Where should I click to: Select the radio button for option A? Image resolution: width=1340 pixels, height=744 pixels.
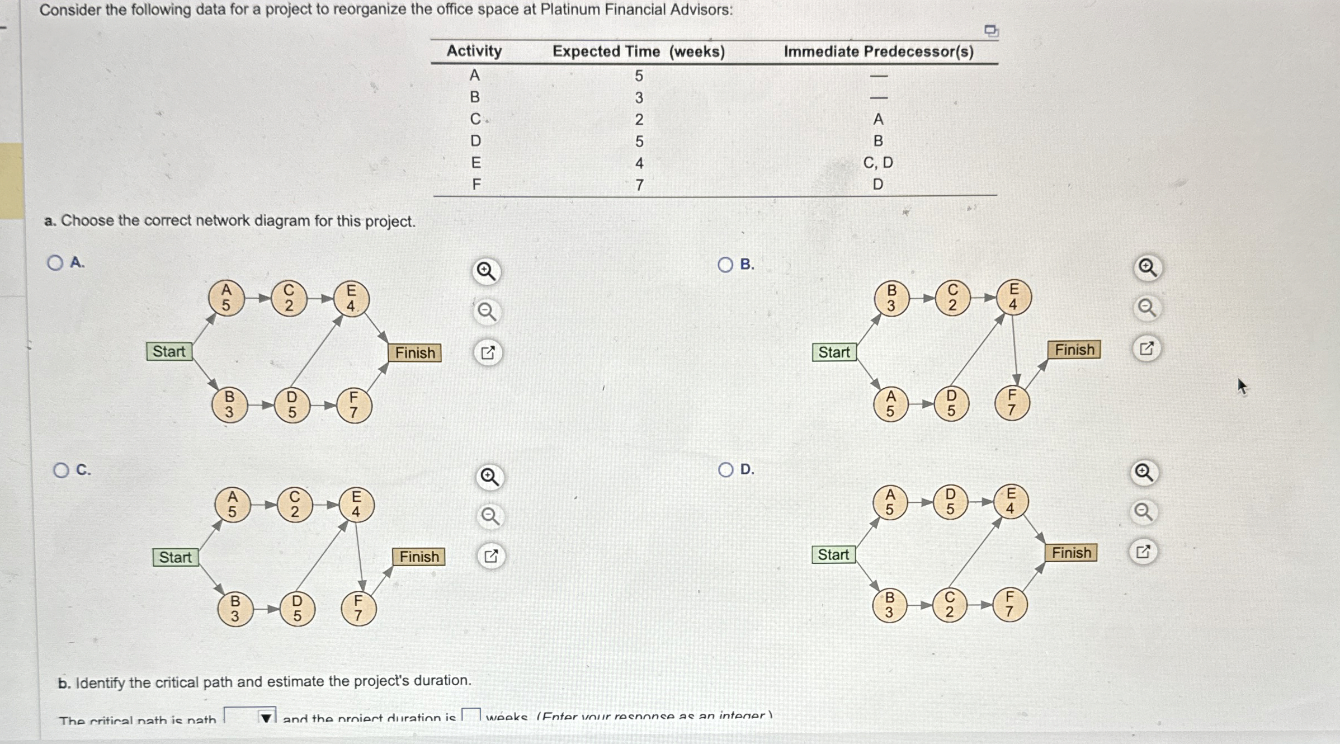(55, 263)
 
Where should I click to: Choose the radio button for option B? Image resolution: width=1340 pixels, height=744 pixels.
(725, 265)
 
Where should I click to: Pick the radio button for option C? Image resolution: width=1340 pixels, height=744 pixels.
(61, 470)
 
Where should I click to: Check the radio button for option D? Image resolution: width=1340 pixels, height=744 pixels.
(725, 469)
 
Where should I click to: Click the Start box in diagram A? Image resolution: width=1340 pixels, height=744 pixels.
(169, 351)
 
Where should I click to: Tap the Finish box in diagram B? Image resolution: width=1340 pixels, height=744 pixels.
(1074, 350)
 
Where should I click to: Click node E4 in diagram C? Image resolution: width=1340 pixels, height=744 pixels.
(356, 504)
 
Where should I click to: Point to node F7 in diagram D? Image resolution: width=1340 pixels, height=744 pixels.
(1009, 604)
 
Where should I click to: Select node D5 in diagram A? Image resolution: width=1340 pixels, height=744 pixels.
(292, 405)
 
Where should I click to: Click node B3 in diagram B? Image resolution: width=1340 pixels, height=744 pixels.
(891, 298)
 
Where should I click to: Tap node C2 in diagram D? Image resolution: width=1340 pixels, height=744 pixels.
(950, 604)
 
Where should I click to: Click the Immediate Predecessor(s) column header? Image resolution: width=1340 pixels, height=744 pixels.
(878, 51)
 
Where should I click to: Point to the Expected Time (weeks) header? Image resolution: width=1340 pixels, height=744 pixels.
(638, 51)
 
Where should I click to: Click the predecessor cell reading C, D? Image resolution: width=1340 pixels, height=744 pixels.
(878, 163)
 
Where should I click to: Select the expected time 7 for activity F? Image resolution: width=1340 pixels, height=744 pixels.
(639, 185)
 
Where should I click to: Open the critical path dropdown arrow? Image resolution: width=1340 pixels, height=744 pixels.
(266, 717)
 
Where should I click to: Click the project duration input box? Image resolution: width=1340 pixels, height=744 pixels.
(471, 715)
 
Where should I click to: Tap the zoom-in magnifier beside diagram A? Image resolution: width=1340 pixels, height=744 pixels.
(486, 272)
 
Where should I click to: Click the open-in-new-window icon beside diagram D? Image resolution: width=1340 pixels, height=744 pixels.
(1143, 552)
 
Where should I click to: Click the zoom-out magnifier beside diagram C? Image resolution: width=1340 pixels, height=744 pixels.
(490, 516)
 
